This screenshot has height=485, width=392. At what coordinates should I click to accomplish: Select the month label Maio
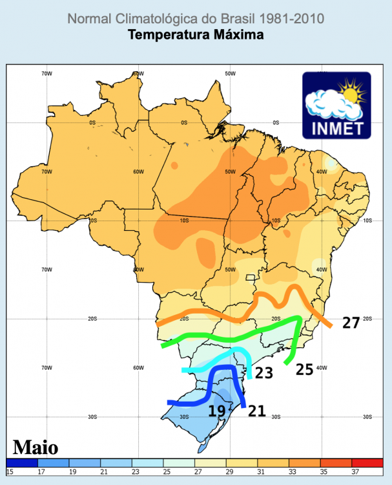pyautogui.click(x=36, y=447)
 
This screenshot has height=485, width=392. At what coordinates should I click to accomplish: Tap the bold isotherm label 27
pyautogui.click(x=351, y=323)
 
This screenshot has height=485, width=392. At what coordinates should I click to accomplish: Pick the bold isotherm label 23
pyautogui.click(x=263, y=372)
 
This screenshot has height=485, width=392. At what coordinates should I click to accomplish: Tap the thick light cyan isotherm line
pyautogui.click(x=213, y=361)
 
